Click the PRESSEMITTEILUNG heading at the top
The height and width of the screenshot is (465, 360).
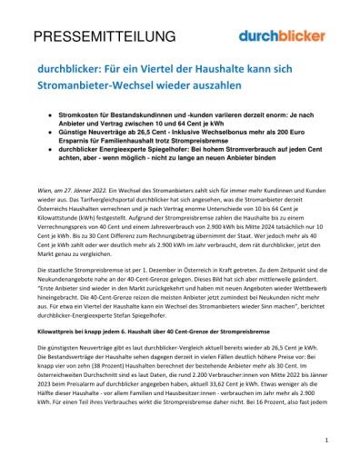coord(105,36)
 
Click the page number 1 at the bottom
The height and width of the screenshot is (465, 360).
coord(325,440)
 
